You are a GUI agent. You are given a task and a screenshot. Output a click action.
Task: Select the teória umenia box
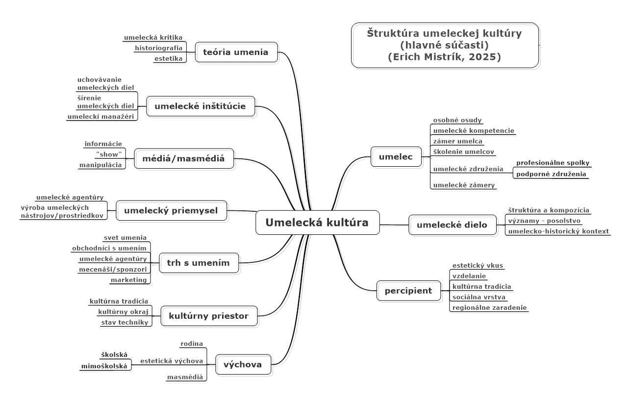pyautogui.click(x=236, y=52)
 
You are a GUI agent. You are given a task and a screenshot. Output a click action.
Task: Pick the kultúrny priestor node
pyautogui.click(x=209, y=316)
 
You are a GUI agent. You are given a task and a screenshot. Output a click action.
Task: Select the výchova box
pyautogui.click(x=243, y=364)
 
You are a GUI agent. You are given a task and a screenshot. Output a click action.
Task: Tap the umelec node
pyautogui.click(x=396, y=157)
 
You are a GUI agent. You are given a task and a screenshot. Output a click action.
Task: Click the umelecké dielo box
pyautogui.click(x=452, y=225)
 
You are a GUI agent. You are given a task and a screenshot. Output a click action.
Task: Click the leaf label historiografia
pyautogui.click(x=158, y=48)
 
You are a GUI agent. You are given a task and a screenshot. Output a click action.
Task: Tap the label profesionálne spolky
pyautogui.click(x=553, y=163)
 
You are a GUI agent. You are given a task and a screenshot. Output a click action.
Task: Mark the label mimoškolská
pyautogui.click(x=104, y=365)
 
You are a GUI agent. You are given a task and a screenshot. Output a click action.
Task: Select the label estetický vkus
pyautogui.click(x=478, y=265)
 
